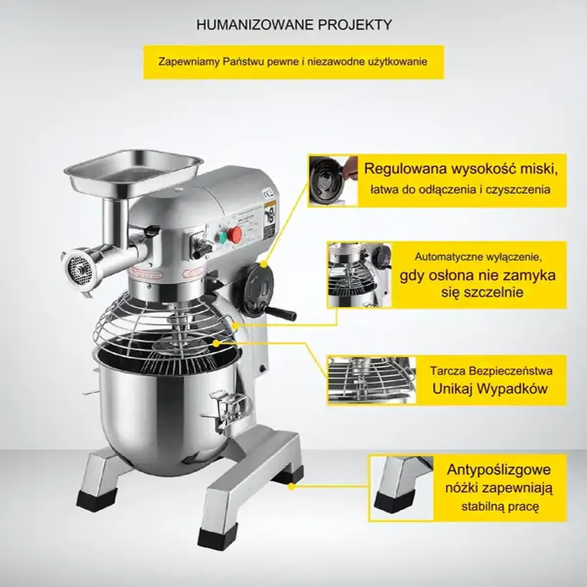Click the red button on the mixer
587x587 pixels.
[235, 233]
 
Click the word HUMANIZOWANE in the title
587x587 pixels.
[255, 24]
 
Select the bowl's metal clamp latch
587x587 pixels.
[229, 407]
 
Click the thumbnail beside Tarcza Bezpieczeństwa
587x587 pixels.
[372, 380]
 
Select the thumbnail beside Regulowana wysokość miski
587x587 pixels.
[333, 181]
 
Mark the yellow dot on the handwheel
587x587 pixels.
[264, 265]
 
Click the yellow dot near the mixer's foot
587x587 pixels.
[291, 487]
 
